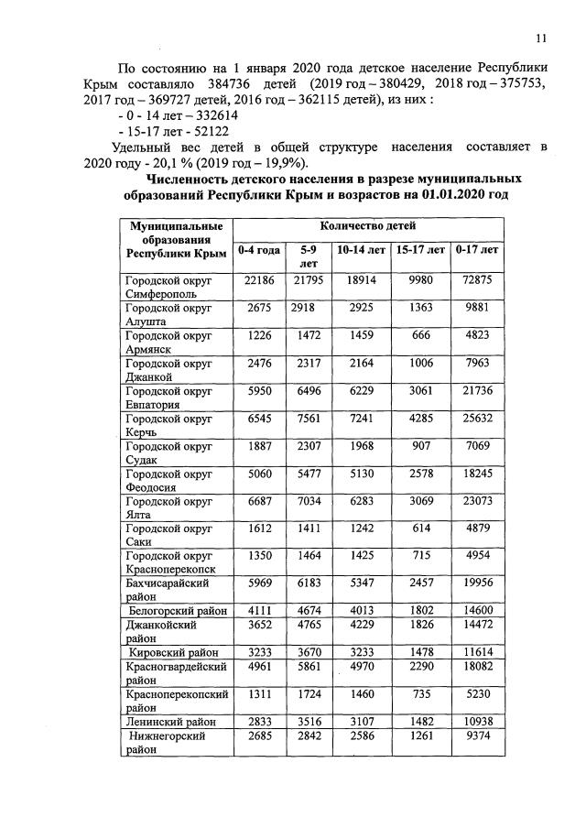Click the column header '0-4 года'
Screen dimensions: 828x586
(x=259, y=249)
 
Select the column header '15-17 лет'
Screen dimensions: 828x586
(x=419, y=249)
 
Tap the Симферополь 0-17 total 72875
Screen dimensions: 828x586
(x=478, y=280)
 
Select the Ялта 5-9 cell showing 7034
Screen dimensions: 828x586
(x=309, y=503)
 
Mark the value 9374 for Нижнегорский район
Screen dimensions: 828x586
(x=478, y=737)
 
